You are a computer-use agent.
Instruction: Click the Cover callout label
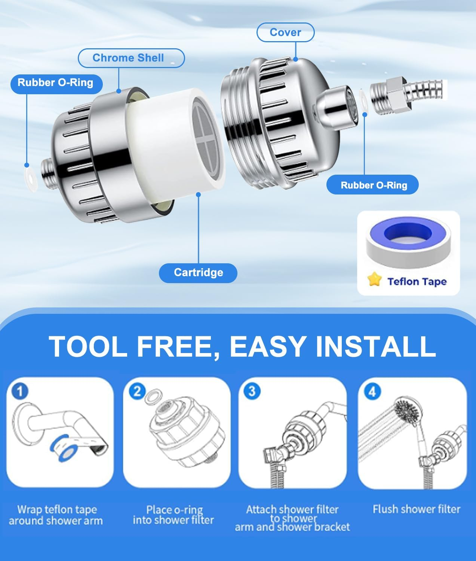pyautogui.click(x=285, y=33)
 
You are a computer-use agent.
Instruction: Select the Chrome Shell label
pyautogui.click(x=128, y=58)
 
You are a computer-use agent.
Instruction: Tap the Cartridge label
pyautogui.click(x=198, y=272)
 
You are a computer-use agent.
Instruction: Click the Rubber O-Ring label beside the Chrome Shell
pyautogui.click(x=55, y=83)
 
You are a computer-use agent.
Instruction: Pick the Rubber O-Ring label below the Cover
pyautogui.click(x=374, y=185)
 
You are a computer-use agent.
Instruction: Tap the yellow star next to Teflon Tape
pyautogui.click(x=374, y=280)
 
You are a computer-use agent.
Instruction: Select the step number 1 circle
pyautogui.click(x=20, y=391)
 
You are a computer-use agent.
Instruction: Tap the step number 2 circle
pyautogui.click(x=137, y=391)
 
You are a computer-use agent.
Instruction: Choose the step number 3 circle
pyautogui.click(x=252, y=391)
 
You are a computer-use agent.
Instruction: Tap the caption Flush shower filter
pyautogui.click(x=416, y=509)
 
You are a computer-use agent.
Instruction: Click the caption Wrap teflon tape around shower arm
pyautogui.click(x=56, y=515)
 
